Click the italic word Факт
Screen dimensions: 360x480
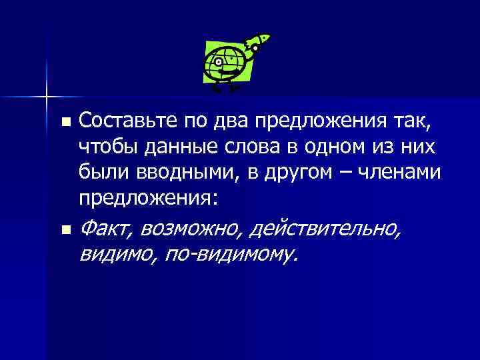(x=105, y=229)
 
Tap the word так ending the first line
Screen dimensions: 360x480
(x=415, y=122)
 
